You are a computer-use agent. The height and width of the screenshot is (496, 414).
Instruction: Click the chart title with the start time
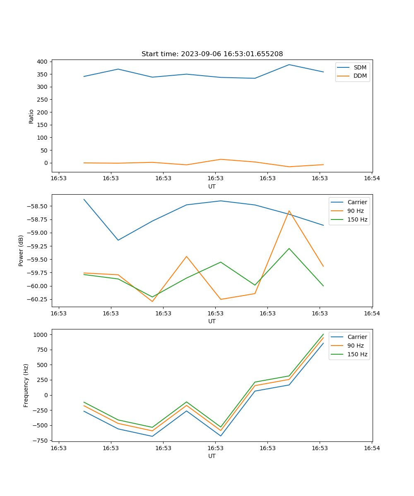[x=212, y=54]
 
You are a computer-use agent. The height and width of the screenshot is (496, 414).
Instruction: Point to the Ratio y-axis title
[x=31, y=116]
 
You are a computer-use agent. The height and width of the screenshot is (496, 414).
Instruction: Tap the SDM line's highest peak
[x=289, y=64]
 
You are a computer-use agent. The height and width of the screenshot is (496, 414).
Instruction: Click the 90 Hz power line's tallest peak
[x=289, y=211]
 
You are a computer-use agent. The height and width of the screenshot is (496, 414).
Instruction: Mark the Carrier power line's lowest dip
[x=118, y=240]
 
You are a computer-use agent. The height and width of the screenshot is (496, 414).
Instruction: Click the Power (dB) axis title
[x=21, y=250]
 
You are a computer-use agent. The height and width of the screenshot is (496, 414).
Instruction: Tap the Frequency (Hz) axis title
[x=26, y=385]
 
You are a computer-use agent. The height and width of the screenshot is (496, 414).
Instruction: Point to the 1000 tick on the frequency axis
[x=41, y=334]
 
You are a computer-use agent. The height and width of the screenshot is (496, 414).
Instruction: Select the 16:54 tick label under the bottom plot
[x=371, y=448]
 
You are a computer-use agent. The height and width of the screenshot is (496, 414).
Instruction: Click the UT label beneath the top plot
[x=212, y=186]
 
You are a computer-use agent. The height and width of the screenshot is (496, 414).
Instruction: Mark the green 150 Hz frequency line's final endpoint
[x=323, y=334]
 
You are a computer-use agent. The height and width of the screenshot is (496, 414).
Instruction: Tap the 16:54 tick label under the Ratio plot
[x=371, y=178]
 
